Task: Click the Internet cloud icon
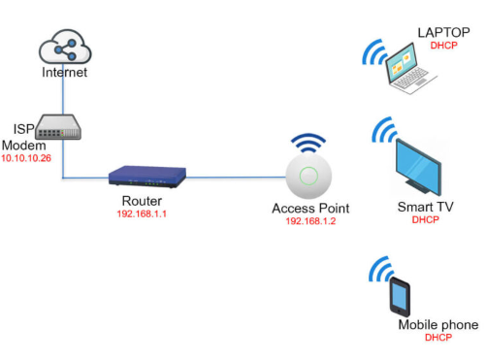[65, 47]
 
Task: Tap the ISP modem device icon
[58, 127]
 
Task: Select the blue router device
[147, 177]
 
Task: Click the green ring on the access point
[308, 176]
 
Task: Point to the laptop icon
[409, 70]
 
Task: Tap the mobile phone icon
[400, 297]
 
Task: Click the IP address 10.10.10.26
[26, 158]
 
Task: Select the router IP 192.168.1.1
[142, 213]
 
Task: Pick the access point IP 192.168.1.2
[310, 221]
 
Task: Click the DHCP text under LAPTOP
[443, 46]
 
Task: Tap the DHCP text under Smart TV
[425, 220]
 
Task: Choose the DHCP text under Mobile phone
[438, 338]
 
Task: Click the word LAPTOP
[443, 33]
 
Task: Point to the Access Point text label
[310, 209]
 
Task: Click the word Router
[142, 201]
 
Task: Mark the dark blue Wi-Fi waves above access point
[308, 143]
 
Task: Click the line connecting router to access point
[236, 178]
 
